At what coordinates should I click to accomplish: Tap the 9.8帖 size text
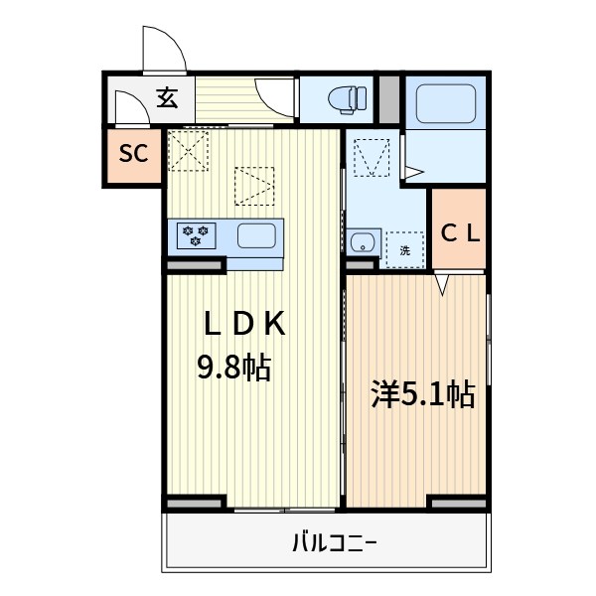(233, 369)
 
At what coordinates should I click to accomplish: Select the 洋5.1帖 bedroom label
(421, 395)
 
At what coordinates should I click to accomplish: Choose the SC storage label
(134, 154)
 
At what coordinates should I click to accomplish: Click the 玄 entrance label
(167, 97)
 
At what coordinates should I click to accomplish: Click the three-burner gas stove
(196, 235)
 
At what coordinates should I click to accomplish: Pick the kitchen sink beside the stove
(256, 235)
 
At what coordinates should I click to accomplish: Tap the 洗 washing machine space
(404, 250)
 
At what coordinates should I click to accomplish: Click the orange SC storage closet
(134, 156)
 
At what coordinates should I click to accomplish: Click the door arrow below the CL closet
(443, 284)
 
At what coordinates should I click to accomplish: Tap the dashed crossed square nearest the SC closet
(187, 151)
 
